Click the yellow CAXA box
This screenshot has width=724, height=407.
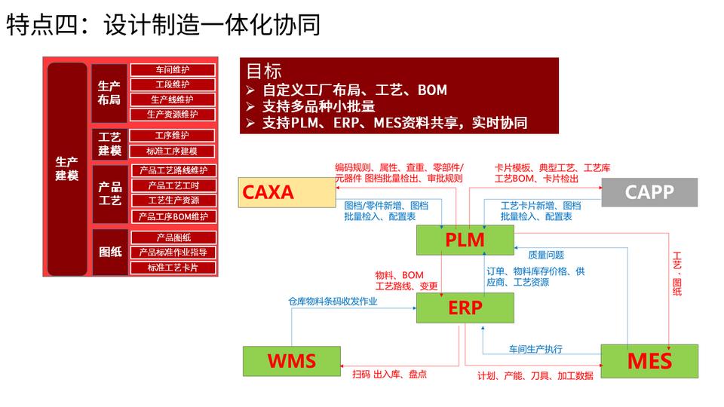[x=287, y=192]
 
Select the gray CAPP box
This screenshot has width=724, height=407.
[x=649, y=192]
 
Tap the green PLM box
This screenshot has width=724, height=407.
[x=465, y=240]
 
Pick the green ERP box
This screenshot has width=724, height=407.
[x=465, y=308]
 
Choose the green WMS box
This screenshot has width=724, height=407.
[x=292, y=361]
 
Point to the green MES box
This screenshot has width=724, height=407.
[x=649, y=361]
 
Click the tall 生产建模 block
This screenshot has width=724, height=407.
[x=67, y=169]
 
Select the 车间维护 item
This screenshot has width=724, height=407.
[x=173, y=69]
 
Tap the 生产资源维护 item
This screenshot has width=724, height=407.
[x=173, y=115]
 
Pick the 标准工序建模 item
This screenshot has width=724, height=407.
[x=172, y=151]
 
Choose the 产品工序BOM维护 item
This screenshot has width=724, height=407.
[x=173, y=216]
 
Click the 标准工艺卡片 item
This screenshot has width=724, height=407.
[x=173, y=268]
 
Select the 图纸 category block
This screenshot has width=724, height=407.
[x=110, y=252]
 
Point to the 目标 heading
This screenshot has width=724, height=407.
[x=264, y=72]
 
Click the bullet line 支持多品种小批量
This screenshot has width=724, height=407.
[x=318, y=106]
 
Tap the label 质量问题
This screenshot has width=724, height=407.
[x=546, y=255]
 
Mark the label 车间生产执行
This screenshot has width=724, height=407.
[x=535, y=349]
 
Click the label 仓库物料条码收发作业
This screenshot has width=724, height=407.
[x=333, y=301]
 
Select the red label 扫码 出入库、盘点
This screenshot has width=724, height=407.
[x=389, y=375]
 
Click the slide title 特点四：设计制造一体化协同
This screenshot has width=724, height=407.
[x=164, y=24]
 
